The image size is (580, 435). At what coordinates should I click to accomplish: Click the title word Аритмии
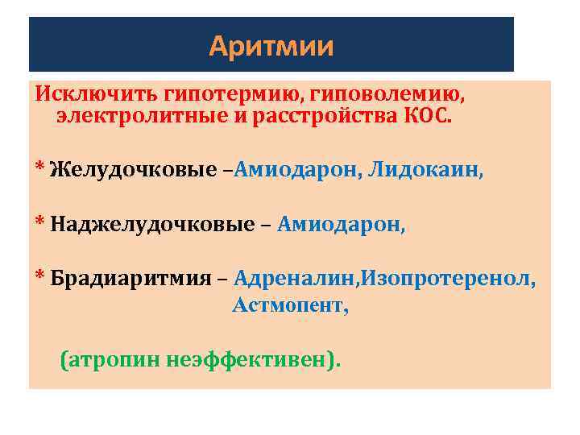point(271,47)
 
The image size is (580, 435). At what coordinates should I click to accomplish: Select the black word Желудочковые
point(133,170)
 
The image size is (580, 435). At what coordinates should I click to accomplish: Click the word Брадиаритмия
point(132,280)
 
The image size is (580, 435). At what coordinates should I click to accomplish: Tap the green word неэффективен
point(253,359)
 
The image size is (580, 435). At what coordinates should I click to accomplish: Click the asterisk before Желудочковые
point(38,167)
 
